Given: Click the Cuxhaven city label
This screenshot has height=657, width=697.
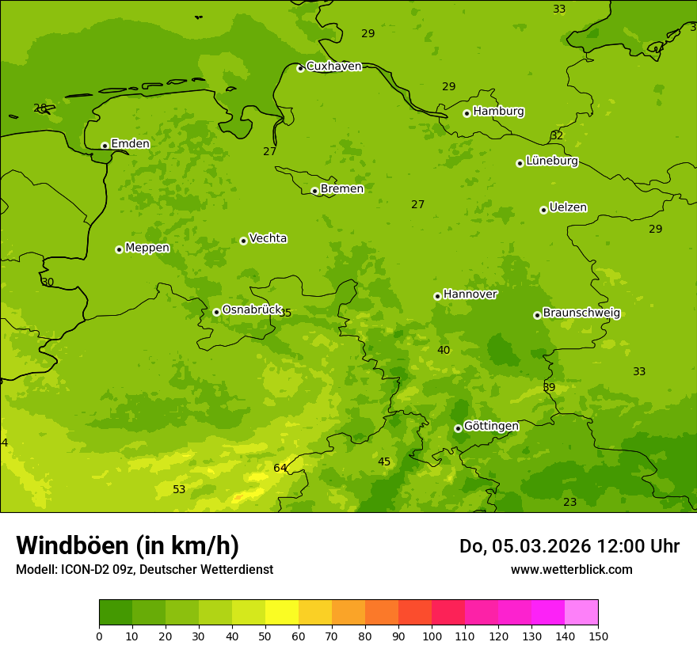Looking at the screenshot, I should click(333, 66).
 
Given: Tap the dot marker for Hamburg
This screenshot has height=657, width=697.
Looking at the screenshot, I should click(467, 113).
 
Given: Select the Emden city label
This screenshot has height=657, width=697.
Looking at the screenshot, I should click(130, 144).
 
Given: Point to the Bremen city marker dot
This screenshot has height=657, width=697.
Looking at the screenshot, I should click(314, 191).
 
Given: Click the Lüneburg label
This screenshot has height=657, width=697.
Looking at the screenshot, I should click(552, 161).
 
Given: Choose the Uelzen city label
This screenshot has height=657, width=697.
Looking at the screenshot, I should click(568, 208).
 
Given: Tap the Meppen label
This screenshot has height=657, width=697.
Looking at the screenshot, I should click(147, 249).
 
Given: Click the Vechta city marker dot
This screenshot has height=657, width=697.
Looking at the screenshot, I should click(243, 241).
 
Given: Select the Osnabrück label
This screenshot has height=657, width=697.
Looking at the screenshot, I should click(252, 310).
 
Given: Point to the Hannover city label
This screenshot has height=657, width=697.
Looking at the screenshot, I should click(470, 294).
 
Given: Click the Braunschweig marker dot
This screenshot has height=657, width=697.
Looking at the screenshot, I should click(537, 315).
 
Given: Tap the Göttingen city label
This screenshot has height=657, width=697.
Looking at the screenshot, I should click(491, 427).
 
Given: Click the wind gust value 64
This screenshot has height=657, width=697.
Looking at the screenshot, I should click(280, 469).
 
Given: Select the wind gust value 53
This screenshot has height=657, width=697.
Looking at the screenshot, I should click(179, 490).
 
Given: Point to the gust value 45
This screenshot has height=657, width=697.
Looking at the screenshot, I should click(384, 462).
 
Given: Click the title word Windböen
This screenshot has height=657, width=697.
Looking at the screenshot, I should click(72, 546).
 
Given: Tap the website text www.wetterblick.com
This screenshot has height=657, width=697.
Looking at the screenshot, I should click(571, 570).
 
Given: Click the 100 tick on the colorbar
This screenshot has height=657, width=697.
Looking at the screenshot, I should click(432, 636).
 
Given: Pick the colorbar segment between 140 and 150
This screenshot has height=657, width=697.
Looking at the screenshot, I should click(581, 613).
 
